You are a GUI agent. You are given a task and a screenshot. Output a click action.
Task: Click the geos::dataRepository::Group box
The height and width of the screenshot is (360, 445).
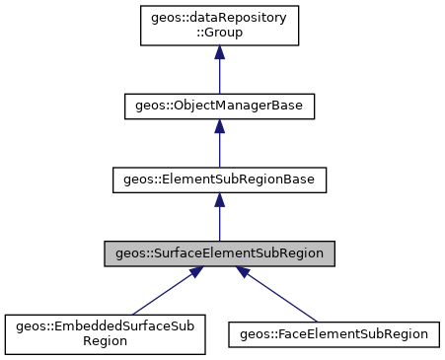pyautogui.click(x=219, y=25)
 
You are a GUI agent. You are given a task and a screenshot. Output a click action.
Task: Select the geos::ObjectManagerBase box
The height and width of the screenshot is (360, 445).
pyautogui.click(x=219, y=106)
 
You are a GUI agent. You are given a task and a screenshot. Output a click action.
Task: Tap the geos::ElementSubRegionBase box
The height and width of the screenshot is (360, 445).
pyautogui.click(x=219, y=180)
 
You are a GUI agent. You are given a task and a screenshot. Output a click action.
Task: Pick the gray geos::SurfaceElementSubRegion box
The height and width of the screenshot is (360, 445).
pyautogui.click(x=219, y=253)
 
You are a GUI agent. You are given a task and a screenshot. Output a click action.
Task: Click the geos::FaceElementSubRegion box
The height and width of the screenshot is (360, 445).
pyautogui.click(x=334, y=334)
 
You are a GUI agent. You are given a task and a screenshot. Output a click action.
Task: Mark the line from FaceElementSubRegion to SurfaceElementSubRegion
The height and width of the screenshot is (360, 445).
pyautogui.click(x=281, y=297)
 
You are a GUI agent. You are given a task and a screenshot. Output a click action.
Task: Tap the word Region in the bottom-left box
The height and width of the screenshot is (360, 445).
pyautogui.click(x=106, y=341)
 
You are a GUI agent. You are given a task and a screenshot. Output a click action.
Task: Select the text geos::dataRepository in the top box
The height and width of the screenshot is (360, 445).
pyautogui.click(x=219, y=18)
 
